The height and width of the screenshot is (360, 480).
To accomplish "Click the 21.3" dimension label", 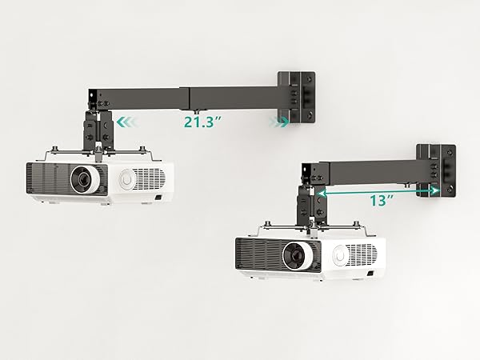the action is (x=202, y=122).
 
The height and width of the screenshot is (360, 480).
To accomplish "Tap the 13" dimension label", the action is (x=381, y=201).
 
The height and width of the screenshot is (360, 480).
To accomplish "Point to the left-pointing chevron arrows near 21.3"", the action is (x=126, y=122).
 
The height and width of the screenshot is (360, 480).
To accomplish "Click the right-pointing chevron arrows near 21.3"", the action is (x=278, y=122).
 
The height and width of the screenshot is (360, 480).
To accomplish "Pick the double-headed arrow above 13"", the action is (x=378, y=192).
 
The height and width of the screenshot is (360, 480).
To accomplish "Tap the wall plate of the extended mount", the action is (x=296, y=98).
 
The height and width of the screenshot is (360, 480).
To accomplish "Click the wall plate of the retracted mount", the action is (x=436, y=170).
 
